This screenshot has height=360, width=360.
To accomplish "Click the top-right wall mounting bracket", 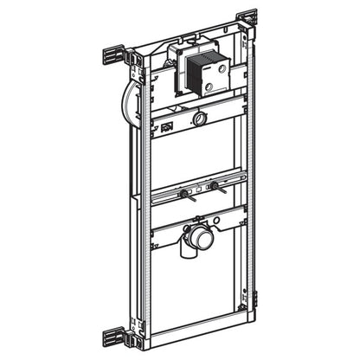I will pyautogui.click(x=247, y=16).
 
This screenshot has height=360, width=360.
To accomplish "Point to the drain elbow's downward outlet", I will pyautogui.click(x=192, y=253).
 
